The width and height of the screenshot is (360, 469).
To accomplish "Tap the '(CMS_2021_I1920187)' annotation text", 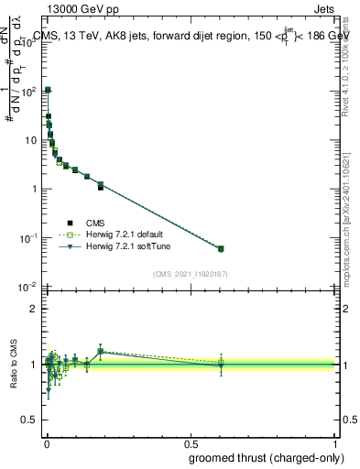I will point(191,274).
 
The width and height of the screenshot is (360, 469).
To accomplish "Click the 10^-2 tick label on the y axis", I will point(28,288).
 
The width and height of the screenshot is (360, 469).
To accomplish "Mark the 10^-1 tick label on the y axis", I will point(28,238).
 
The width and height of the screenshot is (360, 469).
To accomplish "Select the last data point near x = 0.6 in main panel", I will point(221,248).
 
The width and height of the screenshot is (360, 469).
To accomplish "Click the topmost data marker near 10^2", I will point(48,90).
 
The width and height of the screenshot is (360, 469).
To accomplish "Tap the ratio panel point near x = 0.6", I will point(221,365).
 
